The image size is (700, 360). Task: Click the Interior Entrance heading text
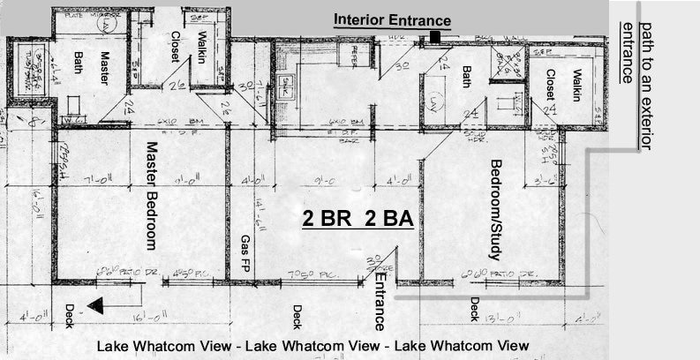[x=392, y=20]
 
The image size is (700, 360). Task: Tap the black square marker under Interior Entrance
[x=435, y=37]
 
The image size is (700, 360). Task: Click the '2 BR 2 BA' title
[x=358, y=220]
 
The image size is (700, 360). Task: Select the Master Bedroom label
[x=151, y=195]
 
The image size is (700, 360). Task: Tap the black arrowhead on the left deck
[x=98, y=305]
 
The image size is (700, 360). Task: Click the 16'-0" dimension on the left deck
[x=147, y=318]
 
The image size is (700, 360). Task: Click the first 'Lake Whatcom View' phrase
[x=167, y=345]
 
